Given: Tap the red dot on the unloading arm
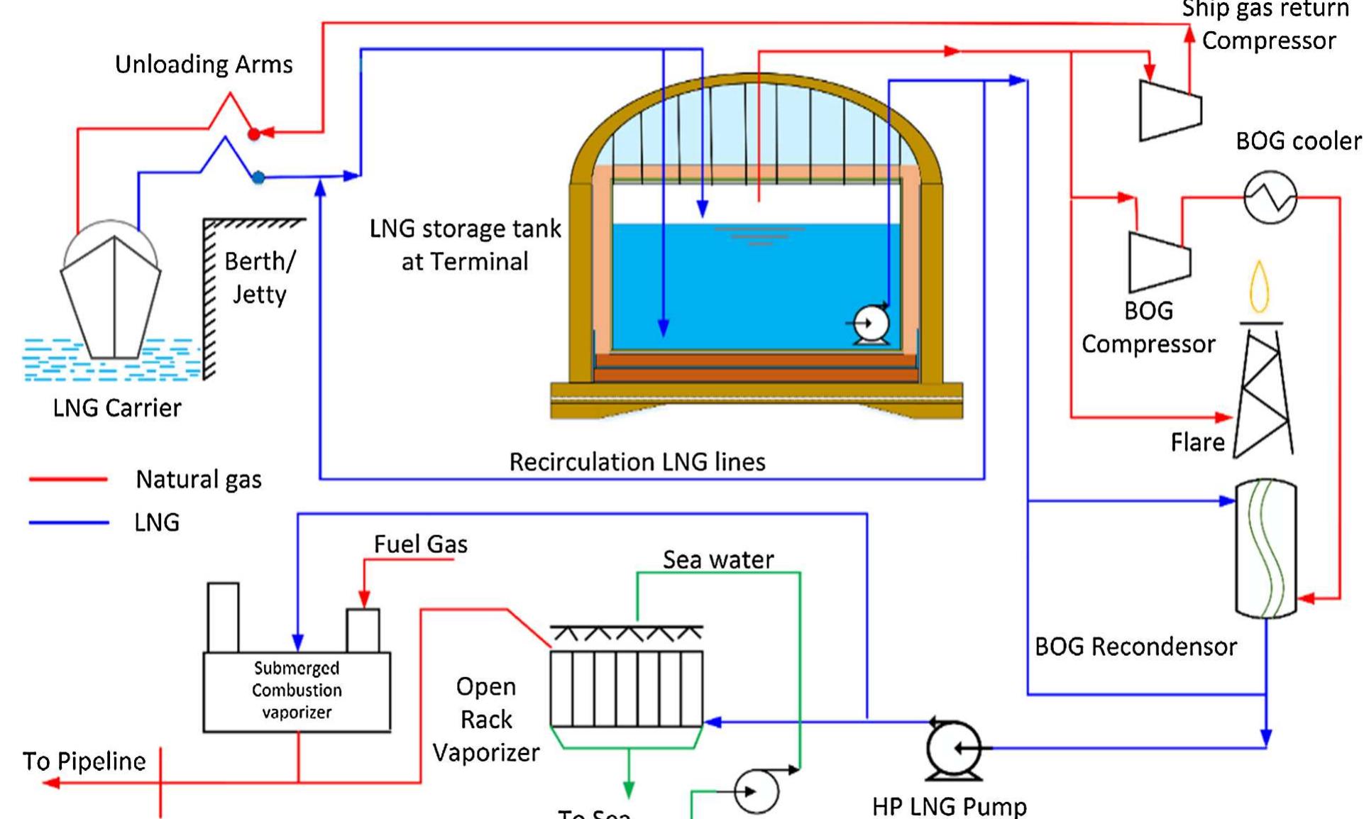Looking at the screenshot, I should (x=253, y=133).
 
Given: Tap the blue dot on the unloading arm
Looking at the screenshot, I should (x=258, y=177).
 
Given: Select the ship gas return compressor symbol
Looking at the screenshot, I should (x=1170, y=110).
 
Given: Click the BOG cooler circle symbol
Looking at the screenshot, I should (x=1270, y=197).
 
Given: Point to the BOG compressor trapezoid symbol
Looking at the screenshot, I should (x=1158, y=261).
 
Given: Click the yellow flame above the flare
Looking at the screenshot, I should (x=1259, y=287).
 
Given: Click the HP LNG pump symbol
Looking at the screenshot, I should (x=953, y=749).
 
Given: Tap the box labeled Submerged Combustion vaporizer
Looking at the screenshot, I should (x=297, y=691).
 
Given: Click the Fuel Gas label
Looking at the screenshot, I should (x=420, y=544).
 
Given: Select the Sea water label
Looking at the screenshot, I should (x=718, y=560).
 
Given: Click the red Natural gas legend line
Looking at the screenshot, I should (x=68, y=480).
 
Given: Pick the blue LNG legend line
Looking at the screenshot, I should (x=68, y=523).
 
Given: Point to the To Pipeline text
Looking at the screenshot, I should (x=84, y=762).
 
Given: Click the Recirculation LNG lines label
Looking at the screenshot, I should (x=637, y=462).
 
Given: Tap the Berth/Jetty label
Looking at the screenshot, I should (x=259, y=277).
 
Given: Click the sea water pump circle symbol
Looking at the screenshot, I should (x=755, y=791).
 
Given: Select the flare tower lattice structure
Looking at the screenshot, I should (x=1263, y=394).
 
